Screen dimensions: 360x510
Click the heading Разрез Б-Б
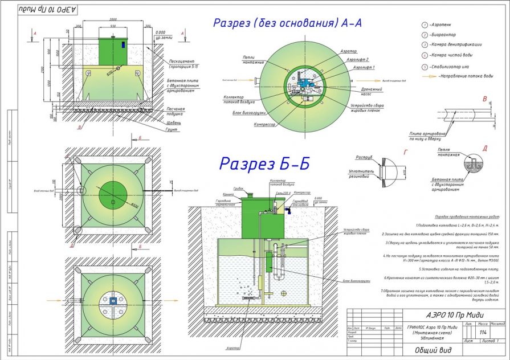pyautogui.click(x=266, y=163)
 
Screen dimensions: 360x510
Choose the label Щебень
pyautogui.click(x=174, y=122)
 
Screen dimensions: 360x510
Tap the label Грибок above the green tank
pyautogui.click(x=238, y=187)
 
